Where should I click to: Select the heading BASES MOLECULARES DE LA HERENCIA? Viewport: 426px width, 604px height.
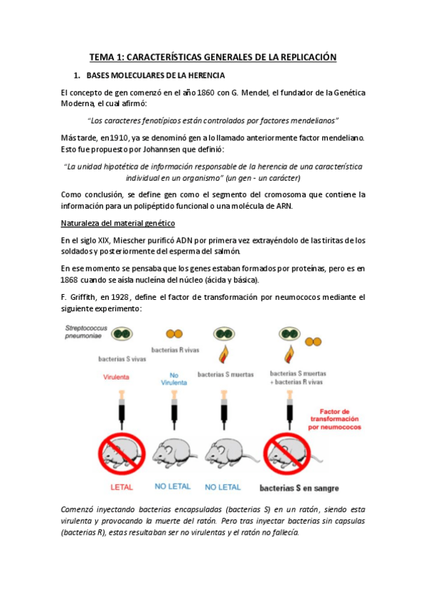click(x=156, y=75)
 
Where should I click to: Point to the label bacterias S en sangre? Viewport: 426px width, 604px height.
click(x=299, y=489)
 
